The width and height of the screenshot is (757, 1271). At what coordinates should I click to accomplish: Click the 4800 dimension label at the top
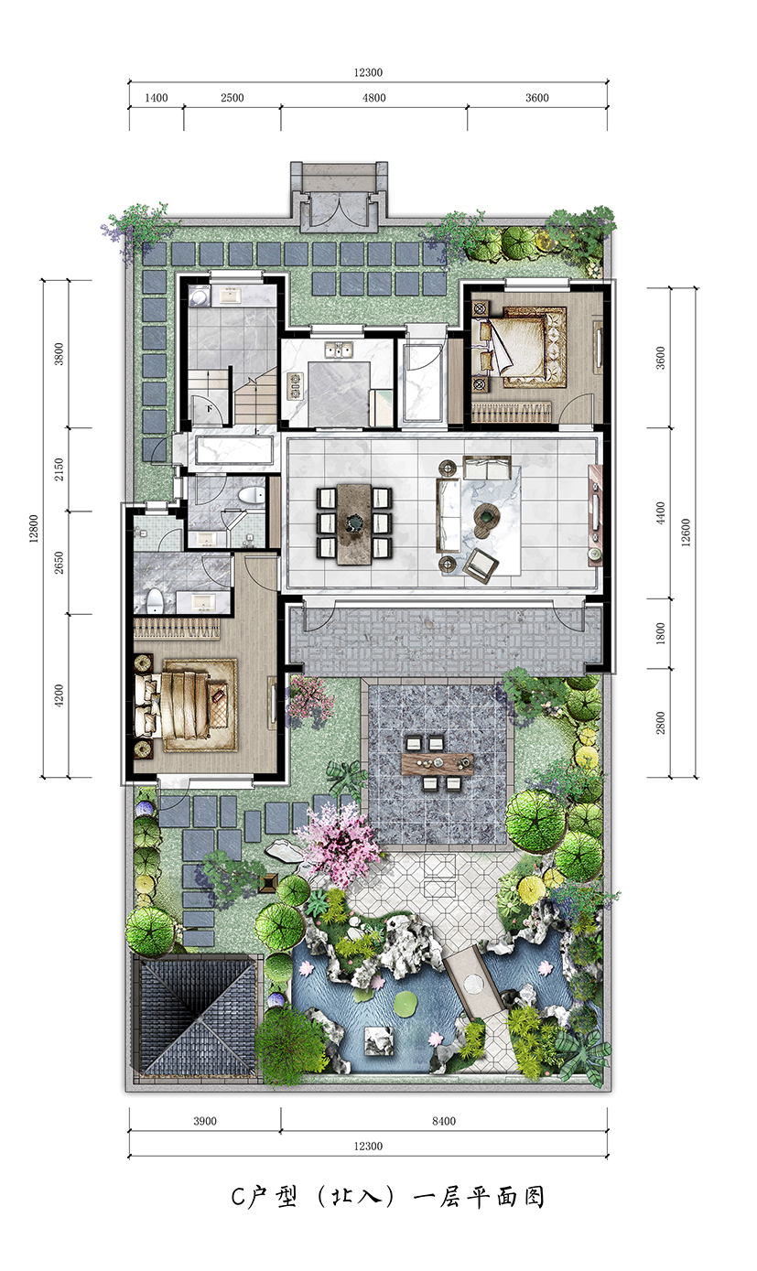[x=374, y=98]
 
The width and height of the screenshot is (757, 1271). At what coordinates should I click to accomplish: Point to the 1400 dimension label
[x=156, y=98]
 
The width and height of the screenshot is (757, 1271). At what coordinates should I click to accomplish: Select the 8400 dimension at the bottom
[x=444, y=1121]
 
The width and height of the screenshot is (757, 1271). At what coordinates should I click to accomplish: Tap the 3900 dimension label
[x=205, y=1121]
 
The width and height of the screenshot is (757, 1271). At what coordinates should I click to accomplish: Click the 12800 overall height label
[x=34, y=528]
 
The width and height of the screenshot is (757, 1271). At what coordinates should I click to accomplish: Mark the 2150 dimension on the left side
[x=59, y=469]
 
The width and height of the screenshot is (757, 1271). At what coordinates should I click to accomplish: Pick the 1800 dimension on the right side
[x=660, y=633]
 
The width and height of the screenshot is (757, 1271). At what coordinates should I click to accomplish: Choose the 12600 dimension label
[x=687, y=533]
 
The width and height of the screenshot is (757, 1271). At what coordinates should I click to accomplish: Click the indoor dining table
[x=353, y=523]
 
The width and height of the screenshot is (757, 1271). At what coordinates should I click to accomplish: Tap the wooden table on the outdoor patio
[x=438, y=763]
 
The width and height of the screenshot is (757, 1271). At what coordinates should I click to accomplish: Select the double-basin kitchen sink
[x=338, y=350]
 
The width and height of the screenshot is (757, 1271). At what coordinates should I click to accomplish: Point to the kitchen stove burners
[x=295, y=385]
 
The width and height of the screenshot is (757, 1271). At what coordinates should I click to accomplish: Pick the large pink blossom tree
[x=339, y=840]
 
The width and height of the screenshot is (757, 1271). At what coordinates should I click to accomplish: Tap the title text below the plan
[x=387, y=1196]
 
